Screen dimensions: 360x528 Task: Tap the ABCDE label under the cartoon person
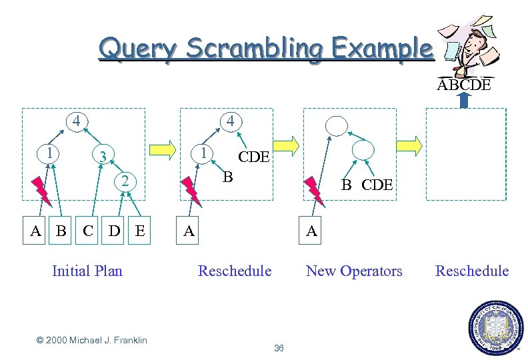(464, 85)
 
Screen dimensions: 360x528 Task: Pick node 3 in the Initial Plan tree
(102, 157)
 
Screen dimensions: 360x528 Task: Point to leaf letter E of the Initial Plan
(139, 231)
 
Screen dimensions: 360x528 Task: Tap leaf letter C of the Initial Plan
(87, 231)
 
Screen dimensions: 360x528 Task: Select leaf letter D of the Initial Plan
(115, 231)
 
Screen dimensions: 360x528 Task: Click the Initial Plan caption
(87, 271)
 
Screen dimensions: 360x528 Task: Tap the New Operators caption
(354, 271)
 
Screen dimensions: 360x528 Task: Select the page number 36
(279, 348)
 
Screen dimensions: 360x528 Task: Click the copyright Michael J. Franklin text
(92, 341)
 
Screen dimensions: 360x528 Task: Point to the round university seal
(497, 327)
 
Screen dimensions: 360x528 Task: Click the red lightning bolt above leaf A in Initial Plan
(41, 189)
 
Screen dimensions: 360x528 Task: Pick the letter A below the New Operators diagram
(311, 231)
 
